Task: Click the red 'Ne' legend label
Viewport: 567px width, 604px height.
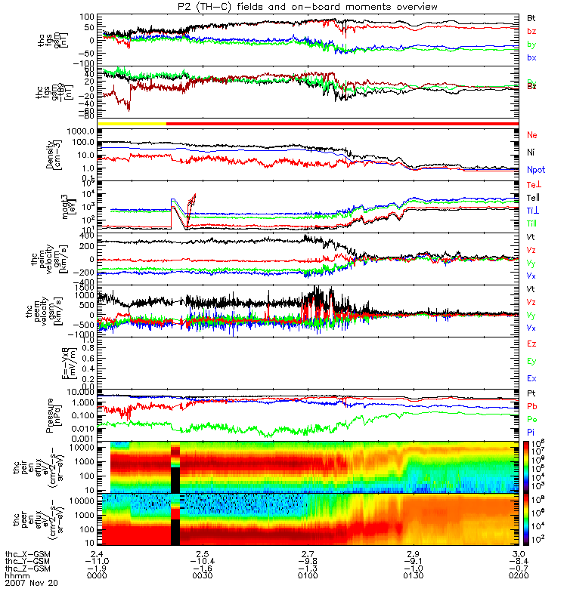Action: [x=531, y=135]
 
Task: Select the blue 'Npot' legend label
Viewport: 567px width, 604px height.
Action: [x=534, y=171]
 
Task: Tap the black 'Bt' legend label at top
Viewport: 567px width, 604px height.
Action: [x=531, y=17]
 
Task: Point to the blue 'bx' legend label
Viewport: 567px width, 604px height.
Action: [x=531, y=57]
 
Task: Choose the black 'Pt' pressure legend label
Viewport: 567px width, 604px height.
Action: [x=531, y=394]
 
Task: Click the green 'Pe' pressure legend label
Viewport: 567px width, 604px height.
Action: [x=531, y=419]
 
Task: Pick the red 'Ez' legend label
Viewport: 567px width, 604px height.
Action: [x=531, y=344]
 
